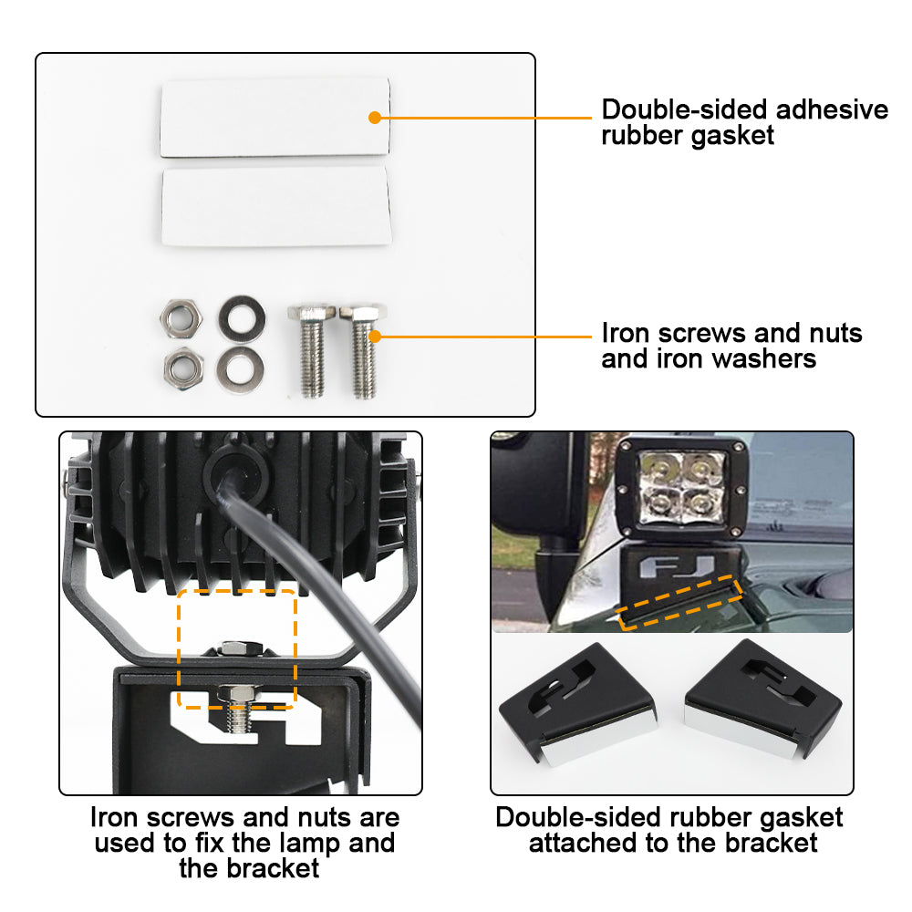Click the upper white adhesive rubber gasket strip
tap(274, 117)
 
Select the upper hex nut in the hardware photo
tap(175, 317)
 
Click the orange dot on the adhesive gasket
tap(374, 118)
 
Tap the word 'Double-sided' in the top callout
tap(683, 110)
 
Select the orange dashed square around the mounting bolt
tap(237, 648)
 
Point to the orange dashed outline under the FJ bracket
tap(679, 604)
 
